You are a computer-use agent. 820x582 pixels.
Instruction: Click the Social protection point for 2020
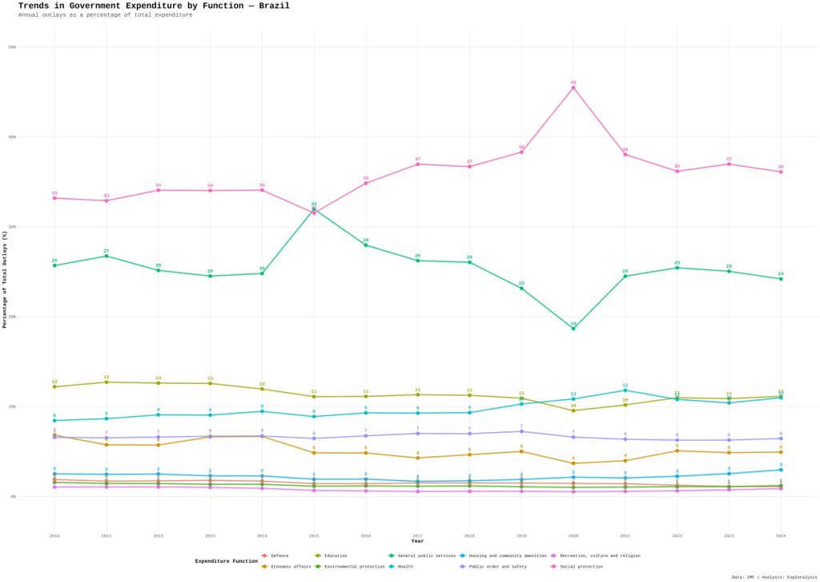point(573,87)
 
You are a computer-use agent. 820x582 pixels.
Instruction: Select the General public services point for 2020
point(573,329)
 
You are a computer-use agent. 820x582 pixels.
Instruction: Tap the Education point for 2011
point(107,382)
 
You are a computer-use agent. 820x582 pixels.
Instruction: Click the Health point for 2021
point(625,390)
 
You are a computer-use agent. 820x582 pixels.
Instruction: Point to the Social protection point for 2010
point(54,198)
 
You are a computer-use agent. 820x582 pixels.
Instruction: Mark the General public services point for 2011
point(107,256)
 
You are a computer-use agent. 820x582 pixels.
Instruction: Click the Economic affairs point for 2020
point(573,463)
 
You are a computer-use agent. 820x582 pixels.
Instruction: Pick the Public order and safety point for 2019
point(521,431)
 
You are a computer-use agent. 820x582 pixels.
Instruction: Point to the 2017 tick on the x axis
point(418,535)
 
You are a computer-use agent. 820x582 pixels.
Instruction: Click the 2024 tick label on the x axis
point(781,535)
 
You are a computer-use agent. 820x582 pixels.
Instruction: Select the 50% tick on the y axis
point(13,46)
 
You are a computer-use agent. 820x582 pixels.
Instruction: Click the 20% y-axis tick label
point(13,317)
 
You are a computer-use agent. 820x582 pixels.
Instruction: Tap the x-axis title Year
point(417,541)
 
